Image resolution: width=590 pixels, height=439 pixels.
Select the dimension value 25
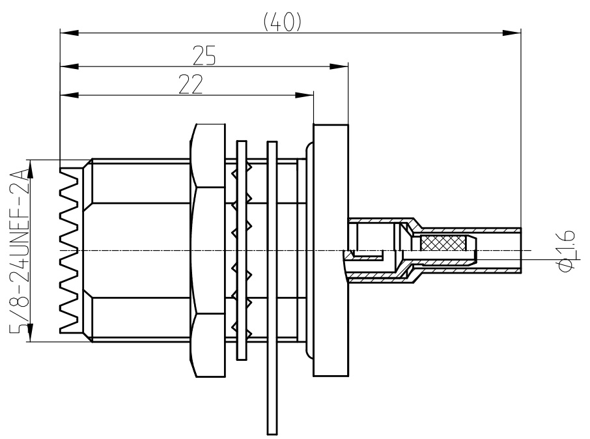tap(204, 56)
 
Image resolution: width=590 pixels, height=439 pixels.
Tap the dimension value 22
tap(190, 85)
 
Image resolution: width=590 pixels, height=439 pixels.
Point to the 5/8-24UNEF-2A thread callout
tap(20, 250)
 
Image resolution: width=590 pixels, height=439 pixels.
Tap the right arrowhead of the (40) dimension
tap(514, 31)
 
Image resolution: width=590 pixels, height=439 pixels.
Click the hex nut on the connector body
tap(207, 251)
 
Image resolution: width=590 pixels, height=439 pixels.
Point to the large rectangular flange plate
tap(331, 251)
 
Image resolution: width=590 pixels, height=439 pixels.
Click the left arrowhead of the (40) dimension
tap(66, 31)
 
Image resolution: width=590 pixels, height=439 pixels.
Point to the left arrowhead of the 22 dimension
tap(66, 95)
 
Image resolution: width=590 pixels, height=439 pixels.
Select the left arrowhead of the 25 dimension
tap(66, 65)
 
